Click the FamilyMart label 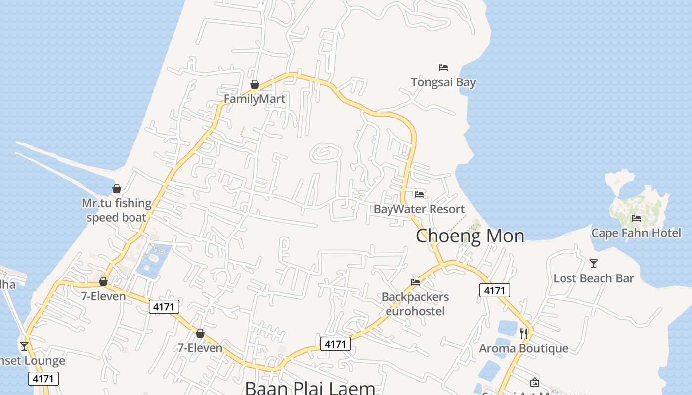pos(255,99)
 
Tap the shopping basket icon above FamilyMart pos(255,84)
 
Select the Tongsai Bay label pos(443,82)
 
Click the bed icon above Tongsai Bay pos(443,67)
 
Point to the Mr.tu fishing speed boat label pos(117,210)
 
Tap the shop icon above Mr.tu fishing pos(117,189)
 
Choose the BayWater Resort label pos(419,209)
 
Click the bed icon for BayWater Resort pos(419,194)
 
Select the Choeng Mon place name pos(470,236)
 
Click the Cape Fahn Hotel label pos(636,233)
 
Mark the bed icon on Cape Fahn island pos(636,218)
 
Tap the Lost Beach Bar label pos(593,278)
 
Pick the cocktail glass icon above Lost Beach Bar pos(594,264)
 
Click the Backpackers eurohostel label pos(415,304)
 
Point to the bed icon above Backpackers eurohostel pos(415,282)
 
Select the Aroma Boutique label pos(523,348)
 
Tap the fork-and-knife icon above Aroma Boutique pos(524,334)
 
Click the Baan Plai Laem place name pos(310,388)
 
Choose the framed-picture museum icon pos(534,382)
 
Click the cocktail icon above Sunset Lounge pos(24,346)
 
